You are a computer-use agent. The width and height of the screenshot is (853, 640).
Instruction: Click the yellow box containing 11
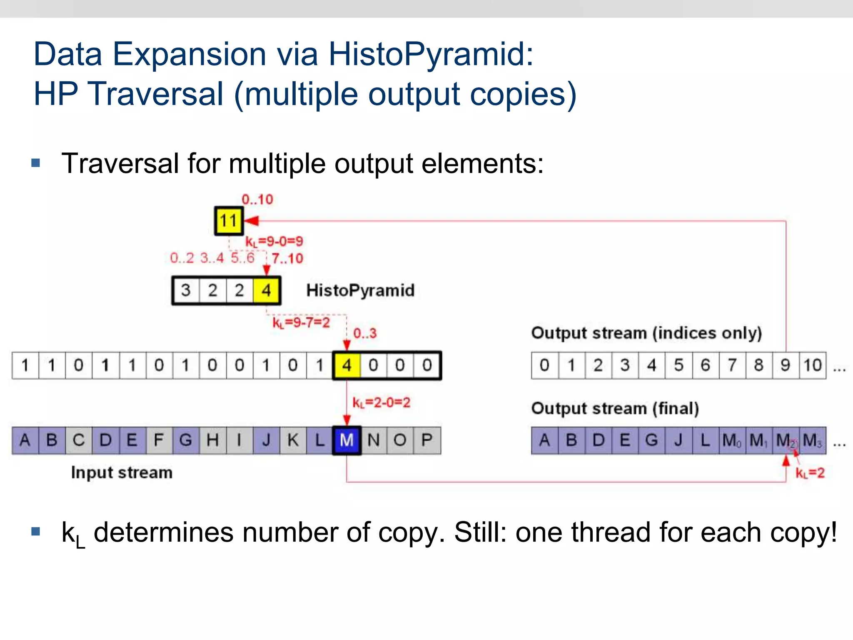point(229,221)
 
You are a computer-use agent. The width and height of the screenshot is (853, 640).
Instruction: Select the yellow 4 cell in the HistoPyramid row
point(267,290)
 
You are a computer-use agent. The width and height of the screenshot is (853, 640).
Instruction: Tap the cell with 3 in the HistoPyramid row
point(186,290)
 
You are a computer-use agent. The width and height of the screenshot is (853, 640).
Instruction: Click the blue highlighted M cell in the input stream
point(347,440)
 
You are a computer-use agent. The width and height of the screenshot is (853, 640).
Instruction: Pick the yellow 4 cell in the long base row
point(347,365)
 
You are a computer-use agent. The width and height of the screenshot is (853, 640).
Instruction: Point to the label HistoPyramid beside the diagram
point(360,290)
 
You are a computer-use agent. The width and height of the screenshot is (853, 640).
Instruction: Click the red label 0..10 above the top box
point(257,200)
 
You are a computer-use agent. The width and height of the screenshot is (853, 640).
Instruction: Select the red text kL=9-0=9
point(274,241)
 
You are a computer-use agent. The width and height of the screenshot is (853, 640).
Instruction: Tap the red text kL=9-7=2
point(301,322)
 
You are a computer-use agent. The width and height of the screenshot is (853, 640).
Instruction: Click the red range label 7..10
point(287,258)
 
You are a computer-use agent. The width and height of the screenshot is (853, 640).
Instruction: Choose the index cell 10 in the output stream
point(813,365)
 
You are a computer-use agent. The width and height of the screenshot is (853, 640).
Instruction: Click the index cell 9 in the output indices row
point(786,365)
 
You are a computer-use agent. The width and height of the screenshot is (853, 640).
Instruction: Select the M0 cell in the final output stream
point(732,440)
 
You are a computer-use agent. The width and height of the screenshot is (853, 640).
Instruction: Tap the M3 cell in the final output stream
point(813,440)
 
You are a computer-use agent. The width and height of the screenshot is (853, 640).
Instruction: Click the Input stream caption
point(122,472)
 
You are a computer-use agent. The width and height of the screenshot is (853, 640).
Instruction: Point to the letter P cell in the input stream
point(427,440)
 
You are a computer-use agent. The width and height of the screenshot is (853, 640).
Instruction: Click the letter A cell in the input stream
point(25,440)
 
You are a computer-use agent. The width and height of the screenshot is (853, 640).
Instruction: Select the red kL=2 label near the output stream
point(810,473)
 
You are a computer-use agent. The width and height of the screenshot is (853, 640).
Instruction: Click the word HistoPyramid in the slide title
point(431,54)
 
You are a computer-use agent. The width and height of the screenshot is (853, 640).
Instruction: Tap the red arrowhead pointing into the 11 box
point(252,221)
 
